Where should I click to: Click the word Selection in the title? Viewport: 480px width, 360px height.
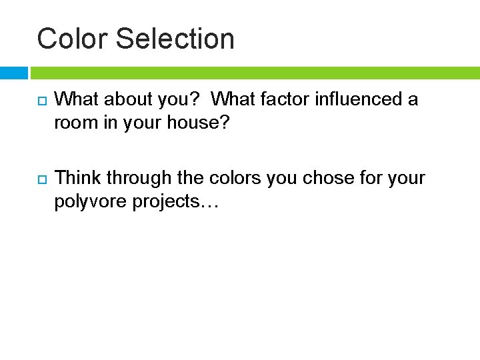175,39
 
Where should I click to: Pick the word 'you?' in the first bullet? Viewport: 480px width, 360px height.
179,100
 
